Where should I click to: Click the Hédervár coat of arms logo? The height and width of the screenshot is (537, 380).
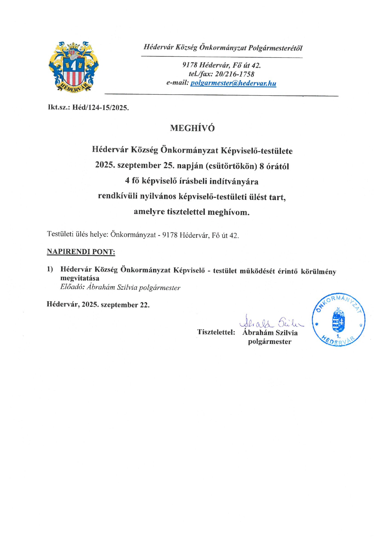coord(74,67)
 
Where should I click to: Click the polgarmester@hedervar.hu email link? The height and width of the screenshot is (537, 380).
coord(233,83)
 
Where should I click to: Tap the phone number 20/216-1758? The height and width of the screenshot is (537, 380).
coord(235,74)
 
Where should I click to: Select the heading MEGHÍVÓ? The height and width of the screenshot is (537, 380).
coord(192,128)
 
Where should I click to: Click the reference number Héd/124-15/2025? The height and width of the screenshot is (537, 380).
coord(101,108)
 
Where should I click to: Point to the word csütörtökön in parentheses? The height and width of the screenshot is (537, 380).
coord(231,166)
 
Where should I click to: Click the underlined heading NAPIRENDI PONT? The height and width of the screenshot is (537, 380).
coord(81,252)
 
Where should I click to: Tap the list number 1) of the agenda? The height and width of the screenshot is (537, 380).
coord(50,269)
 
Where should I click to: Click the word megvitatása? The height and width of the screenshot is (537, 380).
coord(80,278)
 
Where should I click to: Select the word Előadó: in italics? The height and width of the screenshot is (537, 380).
coord(72,287)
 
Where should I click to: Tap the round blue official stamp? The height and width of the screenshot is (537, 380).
coord(339,320)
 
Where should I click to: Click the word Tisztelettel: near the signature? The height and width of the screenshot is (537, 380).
coord(216,332)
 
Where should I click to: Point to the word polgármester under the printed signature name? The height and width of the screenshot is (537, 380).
coord(270,342)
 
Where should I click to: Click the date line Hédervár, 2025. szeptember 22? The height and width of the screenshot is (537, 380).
coord(98,305)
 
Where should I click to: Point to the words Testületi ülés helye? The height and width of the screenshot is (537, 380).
coord(78,235)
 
